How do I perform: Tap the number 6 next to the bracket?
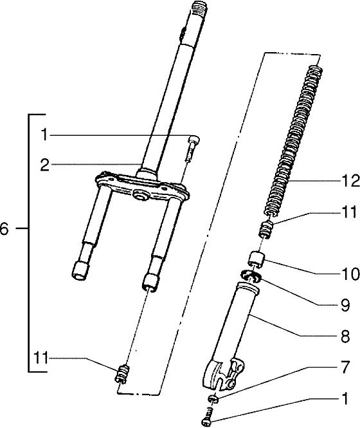5,228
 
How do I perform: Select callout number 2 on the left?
44,165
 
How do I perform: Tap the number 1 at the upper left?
44,135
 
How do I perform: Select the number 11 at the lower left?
41,358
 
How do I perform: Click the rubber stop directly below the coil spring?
265,229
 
